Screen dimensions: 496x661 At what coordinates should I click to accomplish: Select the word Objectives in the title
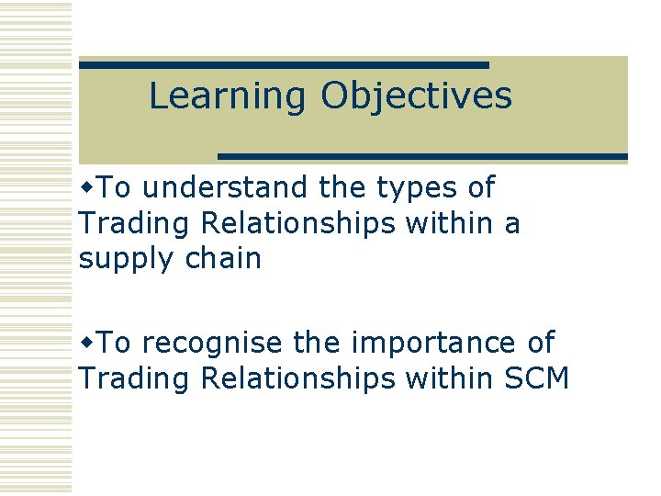point(416,96)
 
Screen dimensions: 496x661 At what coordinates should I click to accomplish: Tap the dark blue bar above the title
point(284,65)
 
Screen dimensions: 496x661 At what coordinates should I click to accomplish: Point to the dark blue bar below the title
point(422,156)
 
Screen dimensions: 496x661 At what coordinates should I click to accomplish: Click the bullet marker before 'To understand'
point(87,187)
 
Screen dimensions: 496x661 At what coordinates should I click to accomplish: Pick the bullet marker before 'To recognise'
point(87,343)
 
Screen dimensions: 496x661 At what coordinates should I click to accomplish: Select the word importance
point(420,344)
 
